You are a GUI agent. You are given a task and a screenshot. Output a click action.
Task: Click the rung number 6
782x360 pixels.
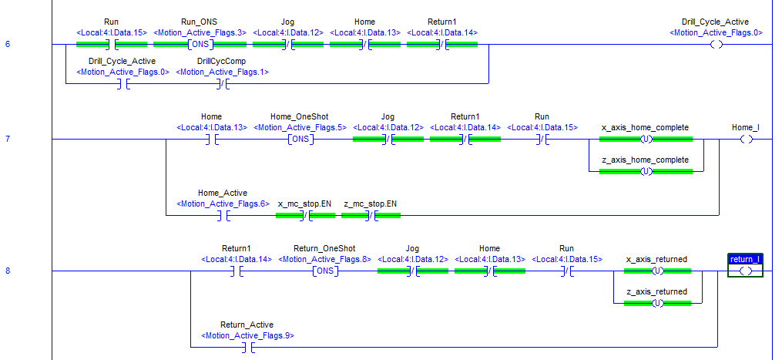[8, 44]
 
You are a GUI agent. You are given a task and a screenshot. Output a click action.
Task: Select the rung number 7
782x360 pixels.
[8, 140]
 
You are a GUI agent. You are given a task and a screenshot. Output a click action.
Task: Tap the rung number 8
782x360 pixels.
[8, 271]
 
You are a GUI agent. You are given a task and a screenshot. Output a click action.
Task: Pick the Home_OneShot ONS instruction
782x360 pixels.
[300, 140]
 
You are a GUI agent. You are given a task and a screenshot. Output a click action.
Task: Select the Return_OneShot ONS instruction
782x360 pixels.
[324, 271]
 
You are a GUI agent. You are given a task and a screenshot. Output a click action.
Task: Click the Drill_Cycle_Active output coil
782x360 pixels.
[716, 45]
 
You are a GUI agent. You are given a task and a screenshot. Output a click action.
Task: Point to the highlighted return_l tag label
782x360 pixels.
[745, 259]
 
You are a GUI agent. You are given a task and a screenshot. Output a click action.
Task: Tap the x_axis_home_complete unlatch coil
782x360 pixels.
[646, 140]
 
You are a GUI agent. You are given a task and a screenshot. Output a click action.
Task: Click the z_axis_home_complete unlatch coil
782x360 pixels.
[646, 171]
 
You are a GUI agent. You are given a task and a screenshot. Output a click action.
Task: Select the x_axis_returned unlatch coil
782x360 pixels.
[657, 271]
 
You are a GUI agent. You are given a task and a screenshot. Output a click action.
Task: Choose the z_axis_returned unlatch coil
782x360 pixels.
[657, 303]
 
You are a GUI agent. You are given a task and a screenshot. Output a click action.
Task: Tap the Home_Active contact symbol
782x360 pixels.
[222, 216]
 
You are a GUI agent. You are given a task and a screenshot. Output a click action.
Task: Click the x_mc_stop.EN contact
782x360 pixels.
[305, 216]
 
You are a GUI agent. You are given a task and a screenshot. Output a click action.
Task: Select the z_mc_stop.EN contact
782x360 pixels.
[371, 216]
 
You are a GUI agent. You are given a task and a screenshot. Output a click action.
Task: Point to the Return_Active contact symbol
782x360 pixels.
[247, 348]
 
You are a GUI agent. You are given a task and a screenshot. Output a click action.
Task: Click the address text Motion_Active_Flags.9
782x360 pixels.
[247, 336]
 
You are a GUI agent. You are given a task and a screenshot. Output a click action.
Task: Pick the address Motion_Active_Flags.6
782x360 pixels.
[222, 204]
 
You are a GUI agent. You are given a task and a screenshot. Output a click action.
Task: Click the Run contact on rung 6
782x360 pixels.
[111, 45]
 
